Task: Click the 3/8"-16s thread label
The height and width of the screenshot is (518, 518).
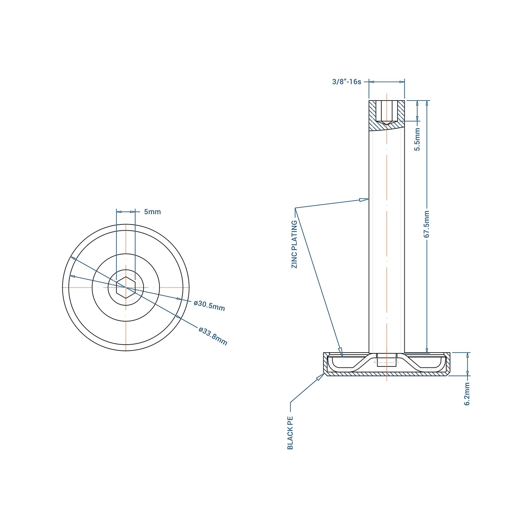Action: pos(346,82)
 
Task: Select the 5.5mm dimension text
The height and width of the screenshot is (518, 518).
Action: pos(417,139)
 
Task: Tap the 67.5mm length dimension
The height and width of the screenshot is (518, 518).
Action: pos(427,224)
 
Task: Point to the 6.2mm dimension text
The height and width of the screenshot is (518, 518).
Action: pos(467,394)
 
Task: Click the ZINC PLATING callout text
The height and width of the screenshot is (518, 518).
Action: pos(294,244)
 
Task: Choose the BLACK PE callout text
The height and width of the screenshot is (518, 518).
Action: pos(290,433)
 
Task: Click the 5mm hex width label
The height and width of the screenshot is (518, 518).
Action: pos(152,212)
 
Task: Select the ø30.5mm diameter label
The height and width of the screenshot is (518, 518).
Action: pos(209,306)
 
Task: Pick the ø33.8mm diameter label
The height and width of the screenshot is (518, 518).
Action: pos(213,336)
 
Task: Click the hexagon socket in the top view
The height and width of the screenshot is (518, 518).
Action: pos(126,287)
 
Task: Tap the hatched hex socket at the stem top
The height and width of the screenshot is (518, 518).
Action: pos(386,112)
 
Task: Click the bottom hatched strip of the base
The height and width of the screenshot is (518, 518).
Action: pos(386,374)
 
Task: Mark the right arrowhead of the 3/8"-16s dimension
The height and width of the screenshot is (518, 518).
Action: pos(402,82)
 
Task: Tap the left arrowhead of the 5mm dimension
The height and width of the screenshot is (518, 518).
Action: pos(119,212)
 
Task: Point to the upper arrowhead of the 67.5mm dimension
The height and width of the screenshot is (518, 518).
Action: pos(427,103)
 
